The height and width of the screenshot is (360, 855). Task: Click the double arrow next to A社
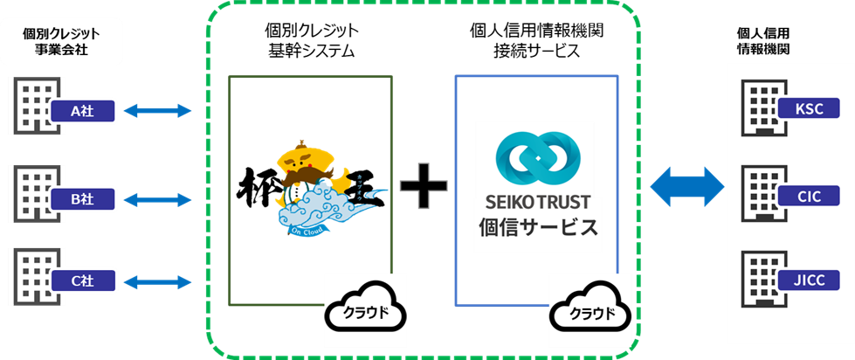[157, 110]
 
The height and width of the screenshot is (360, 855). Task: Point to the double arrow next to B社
[157, 200]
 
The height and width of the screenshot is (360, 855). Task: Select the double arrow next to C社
[157, 281]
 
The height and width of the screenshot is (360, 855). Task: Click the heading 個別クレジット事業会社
[61, 41]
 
